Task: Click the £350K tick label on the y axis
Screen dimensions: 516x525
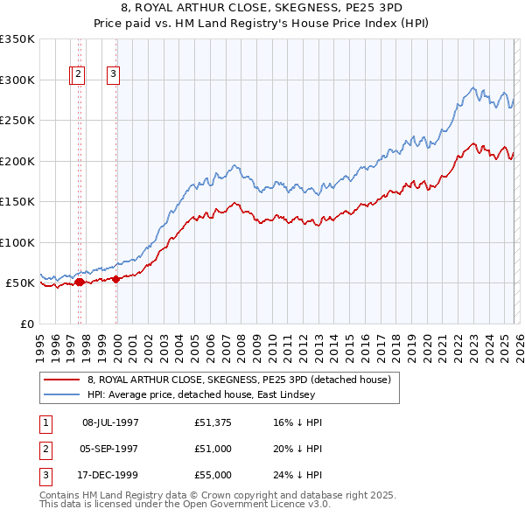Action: click(17, 39)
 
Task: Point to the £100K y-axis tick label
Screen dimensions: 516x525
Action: click(17, 242)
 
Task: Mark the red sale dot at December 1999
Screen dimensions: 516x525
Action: click(115, 279)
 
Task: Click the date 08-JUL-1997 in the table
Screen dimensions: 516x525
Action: click(110, 422)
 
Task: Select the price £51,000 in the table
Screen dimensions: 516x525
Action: click(213, 450)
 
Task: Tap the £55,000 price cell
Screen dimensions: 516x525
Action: click(213, 477)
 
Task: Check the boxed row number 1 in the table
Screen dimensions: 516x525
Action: click(43, 422)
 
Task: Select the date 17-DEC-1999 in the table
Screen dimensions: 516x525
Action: click(110, 477)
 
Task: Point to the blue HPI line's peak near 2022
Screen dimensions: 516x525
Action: click(472, 87)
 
